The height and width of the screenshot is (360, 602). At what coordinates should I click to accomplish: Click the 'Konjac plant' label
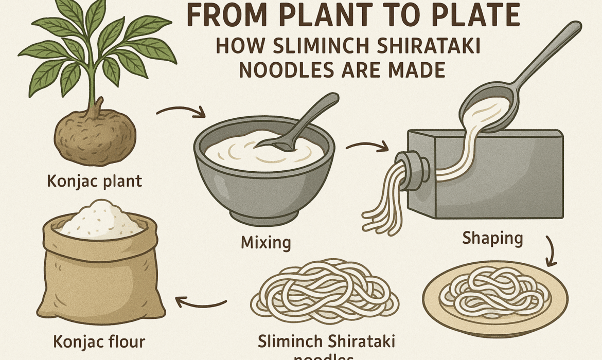94,182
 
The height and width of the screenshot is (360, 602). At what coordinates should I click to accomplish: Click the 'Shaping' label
492,238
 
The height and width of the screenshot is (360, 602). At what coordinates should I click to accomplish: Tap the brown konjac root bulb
95,131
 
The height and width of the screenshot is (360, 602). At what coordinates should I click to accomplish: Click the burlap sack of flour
103,278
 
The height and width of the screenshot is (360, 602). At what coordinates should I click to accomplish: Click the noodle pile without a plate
324,293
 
